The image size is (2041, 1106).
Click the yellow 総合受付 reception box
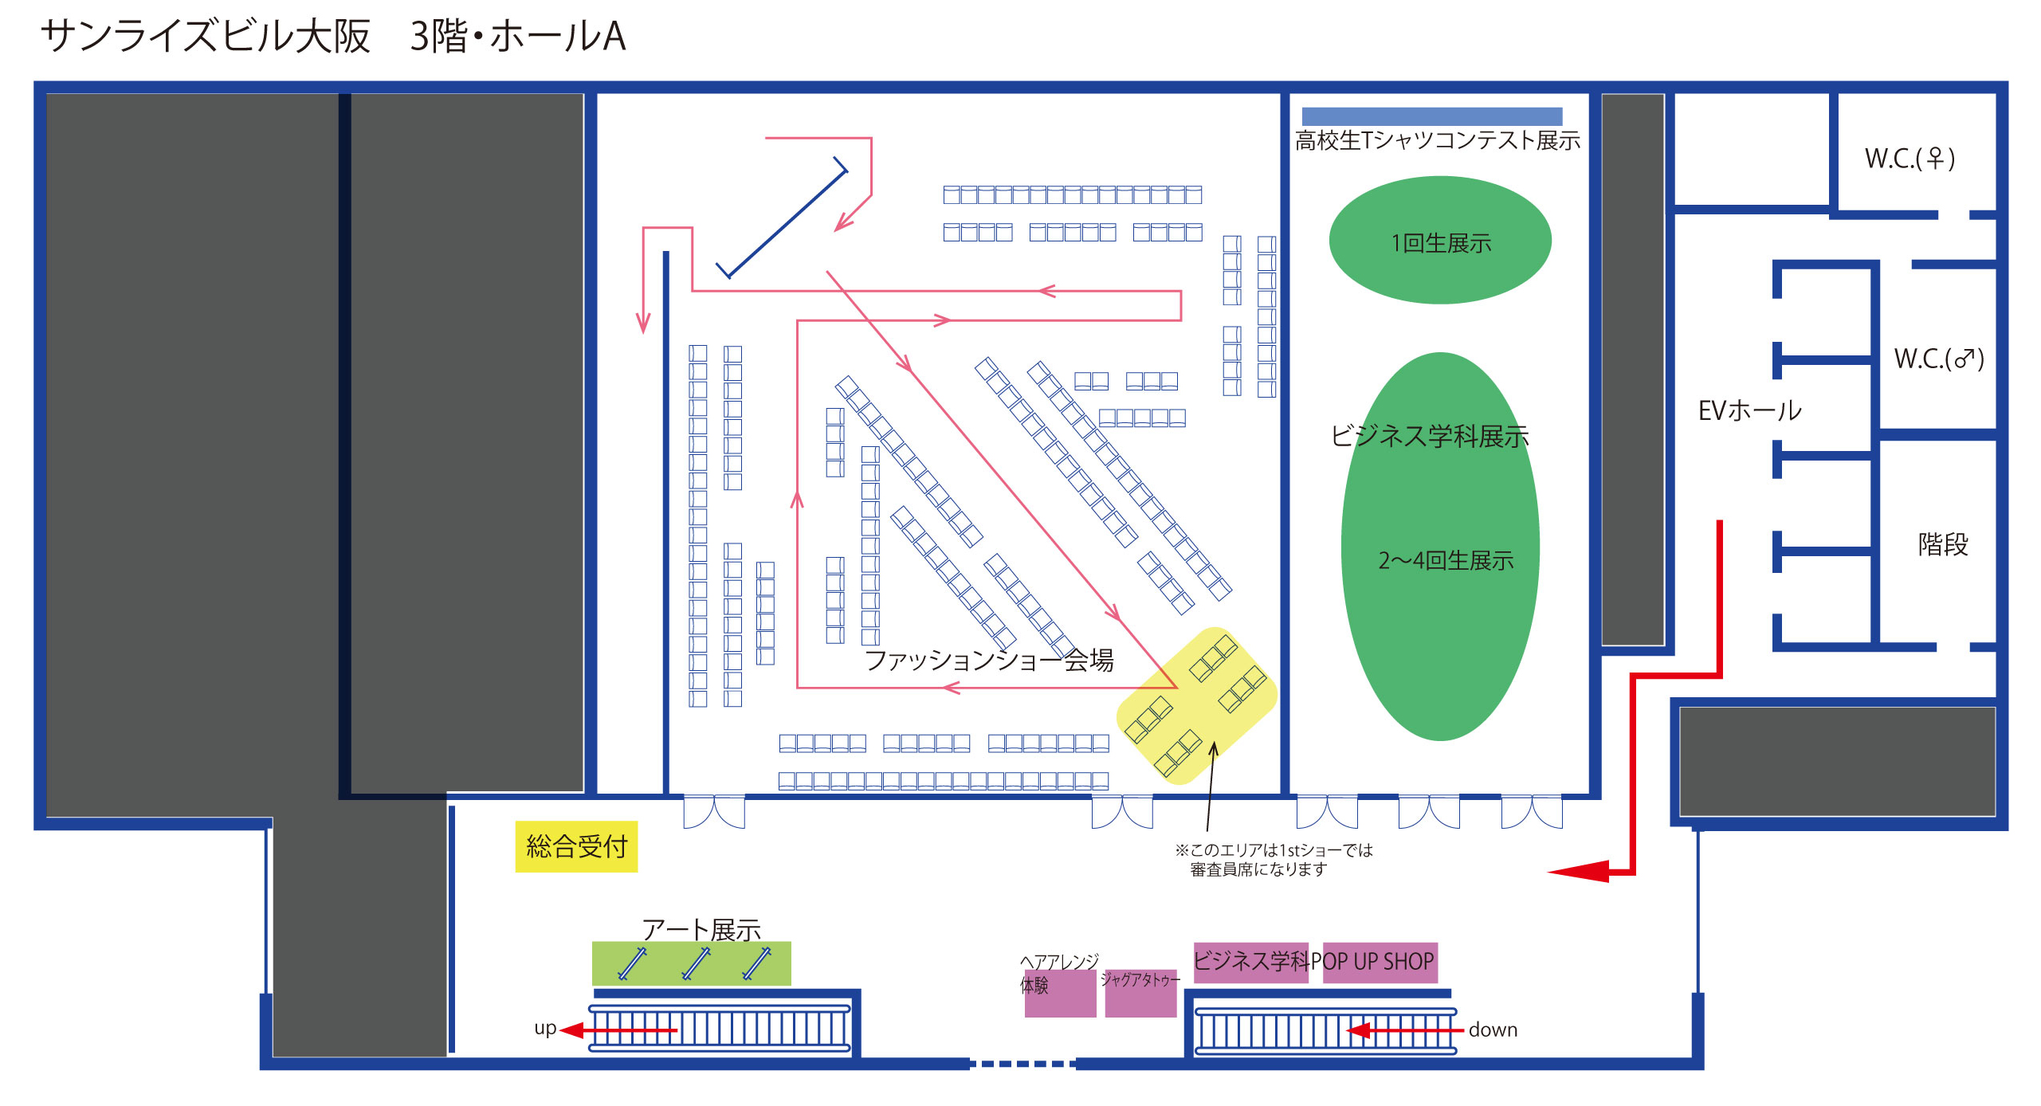[x=576, y=846]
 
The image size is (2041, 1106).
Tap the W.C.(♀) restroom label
[x=1910, y=159]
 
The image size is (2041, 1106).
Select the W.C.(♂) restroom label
[x=1938, y=359]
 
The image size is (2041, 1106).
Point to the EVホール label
[x=1749, y=410]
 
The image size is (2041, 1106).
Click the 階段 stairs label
[x=1942, y=544]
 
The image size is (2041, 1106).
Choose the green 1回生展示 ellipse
[x=1439, y=241]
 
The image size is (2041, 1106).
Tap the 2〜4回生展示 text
[x=1446, y=560]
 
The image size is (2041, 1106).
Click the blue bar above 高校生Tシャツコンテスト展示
[x=1431, y=116]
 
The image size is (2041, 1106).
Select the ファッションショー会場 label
[x=988, y=660]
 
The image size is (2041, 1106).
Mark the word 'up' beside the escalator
[x=545, y=1028]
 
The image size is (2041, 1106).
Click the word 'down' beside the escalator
[x=1493, y=1030]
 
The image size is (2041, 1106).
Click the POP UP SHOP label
[x=1380, y=962]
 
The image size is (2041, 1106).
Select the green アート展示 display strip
[x=691, y=963]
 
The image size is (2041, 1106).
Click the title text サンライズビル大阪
[x=206, y=37]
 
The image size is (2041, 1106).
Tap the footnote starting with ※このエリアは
[x=1273, y=859]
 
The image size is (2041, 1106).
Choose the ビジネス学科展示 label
[x=1429, y=436]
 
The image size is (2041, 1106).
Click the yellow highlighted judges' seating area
[x=1195, y=705]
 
